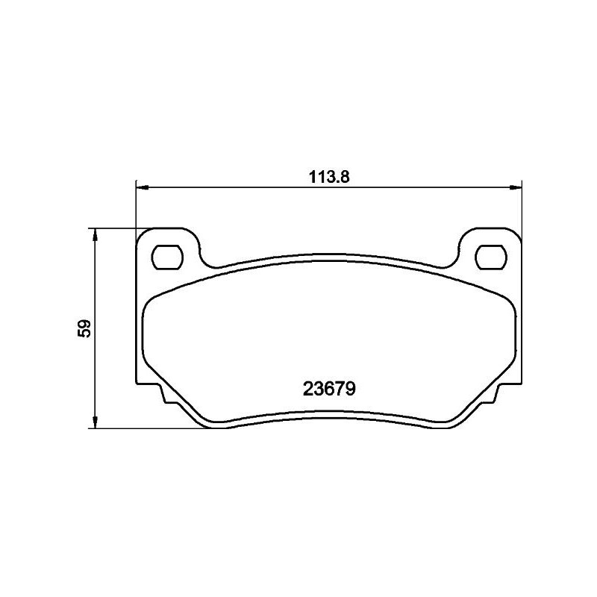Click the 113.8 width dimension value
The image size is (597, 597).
point(330,178)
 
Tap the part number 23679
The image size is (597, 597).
point(329,389)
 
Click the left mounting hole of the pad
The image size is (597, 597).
point(167,257)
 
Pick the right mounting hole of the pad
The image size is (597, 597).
point(490,257)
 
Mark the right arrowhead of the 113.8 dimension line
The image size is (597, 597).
point(516,187)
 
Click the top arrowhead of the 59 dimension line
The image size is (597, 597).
point(93,234)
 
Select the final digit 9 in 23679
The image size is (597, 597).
point(350,389)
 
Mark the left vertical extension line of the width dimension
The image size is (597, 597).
point(135,209)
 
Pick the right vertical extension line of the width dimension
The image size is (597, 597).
point(521,209)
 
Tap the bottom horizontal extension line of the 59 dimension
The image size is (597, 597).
point(149,428)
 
